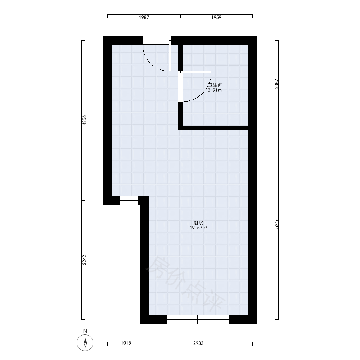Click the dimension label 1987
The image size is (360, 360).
pyautogui.click(x=144, y=17)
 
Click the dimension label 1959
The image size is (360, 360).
pyautogui.click(x=216, y=17)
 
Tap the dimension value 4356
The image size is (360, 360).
pyautogui.click(x=84, y=120)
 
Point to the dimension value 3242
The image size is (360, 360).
pyautogui.click(x=84, y=260)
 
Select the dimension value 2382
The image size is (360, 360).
pyautogui.click(x=276, y=84)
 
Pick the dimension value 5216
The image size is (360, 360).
pyautogui.click(x=276, y=224)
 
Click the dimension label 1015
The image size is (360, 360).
pyautogui.click(x=126, y=343)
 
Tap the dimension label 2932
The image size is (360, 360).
pyautogui.click(x=198, y=343)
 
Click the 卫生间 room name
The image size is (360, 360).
pyautogui.click(x=215, y=85)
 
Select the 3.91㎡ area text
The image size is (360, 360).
pyautogui.click(x=215, y=90)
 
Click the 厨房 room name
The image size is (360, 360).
pyautogui.click(x=198, y=223)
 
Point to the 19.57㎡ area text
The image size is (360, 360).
pyautogui.click(x=198, y=228)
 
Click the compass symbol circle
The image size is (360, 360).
pyautogui.click(x=85, y=343)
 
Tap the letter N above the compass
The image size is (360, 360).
pyautogui.click(x=85, y=331)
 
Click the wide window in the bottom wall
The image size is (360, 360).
pyautogui.click(x=197, y=319)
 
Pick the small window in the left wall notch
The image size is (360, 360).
pyautogui.click(x=129, y=201)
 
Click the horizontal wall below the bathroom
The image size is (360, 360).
pyautogui.click(x=213, y=128)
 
